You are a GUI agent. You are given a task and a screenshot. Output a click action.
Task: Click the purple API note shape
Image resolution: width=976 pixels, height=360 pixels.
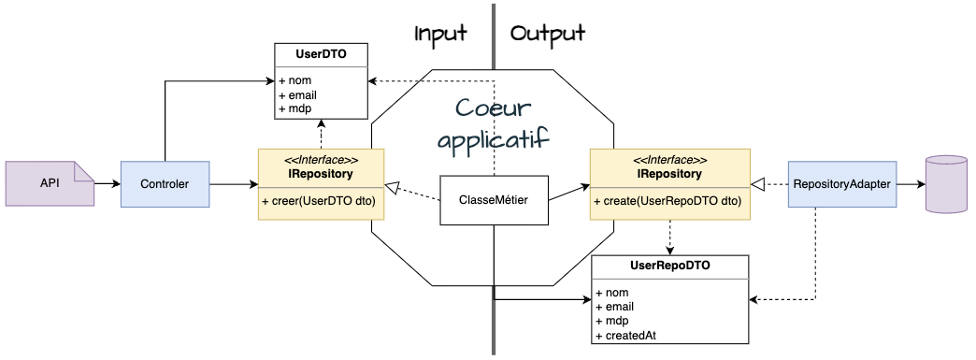(49, 183)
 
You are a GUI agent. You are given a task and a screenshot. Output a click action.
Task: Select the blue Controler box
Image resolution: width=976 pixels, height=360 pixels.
(165, 184)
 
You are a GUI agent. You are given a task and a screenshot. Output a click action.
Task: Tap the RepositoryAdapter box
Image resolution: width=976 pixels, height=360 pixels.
(841, 183)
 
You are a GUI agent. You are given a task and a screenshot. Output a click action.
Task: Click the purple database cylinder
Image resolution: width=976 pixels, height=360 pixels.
(944, 184)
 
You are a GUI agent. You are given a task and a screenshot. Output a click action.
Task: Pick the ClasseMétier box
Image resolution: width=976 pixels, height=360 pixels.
(493, 200)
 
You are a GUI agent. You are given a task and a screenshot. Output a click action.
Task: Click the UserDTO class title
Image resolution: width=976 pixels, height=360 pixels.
(322, 55)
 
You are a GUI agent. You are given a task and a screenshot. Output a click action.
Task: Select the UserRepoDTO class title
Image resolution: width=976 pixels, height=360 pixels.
(669, 266)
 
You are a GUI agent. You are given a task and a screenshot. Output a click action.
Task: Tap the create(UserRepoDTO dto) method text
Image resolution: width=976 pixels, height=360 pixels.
(667, 202)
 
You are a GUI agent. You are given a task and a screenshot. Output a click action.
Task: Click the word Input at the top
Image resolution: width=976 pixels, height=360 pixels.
(440, 34)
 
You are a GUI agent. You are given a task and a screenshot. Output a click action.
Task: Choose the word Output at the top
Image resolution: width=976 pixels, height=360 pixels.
(548, 34)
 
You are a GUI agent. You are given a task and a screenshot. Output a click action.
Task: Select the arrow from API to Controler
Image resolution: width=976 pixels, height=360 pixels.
(107, 184)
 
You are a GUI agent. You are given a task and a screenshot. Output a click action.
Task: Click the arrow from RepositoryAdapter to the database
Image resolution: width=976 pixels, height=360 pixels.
(909, 184)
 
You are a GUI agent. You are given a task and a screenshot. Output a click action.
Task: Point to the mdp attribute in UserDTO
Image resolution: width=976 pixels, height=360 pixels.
(288, 108)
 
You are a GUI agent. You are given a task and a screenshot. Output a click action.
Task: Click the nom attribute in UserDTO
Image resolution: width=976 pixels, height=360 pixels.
(289, 80)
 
